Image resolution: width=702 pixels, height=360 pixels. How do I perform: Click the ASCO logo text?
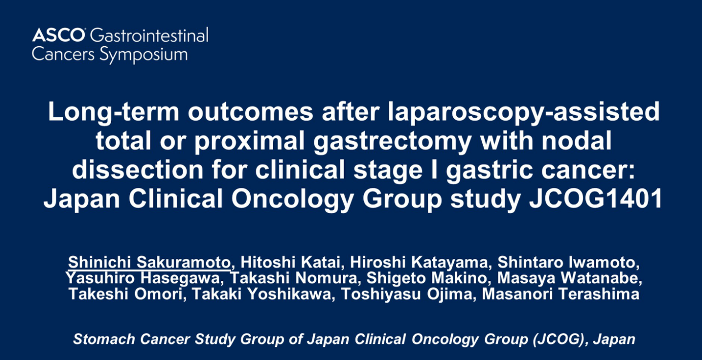tap(58, 35)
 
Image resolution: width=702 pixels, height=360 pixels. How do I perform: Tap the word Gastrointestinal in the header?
tap(149, 35)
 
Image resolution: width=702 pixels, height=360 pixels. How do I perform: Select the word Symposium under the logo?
tap(144, 55)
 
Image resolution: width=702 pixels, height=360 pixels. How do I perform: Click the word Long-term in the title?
tap(114, 112)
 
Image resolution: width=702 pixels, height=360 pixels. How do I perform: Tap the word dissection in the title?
tap(138, 170)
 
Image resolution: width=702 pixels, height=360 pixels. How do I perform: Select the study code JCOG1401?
tap(596, 199)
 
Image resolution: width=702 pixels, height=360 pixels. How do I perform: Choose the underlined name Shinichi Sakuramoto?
tap(149, 262)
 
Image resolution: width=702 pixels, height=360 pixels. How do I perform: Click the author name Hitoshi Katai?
tap(290, 262)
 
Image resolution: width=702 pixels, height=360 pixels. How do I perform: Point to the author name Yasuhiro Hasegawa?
tap(143, 278)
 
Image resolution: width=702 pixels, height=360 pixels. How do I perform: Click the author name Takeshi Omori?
tap(125, 294)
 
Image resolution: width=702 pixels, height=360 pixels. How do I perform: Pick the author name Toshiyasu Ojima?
tap(407, 294)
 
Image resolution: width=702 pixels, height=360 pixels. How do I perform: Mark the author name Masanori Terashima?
tap(561, 294)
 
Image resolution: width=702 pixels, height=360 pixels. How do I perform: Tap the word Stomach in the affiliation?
tap(105, 339)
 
